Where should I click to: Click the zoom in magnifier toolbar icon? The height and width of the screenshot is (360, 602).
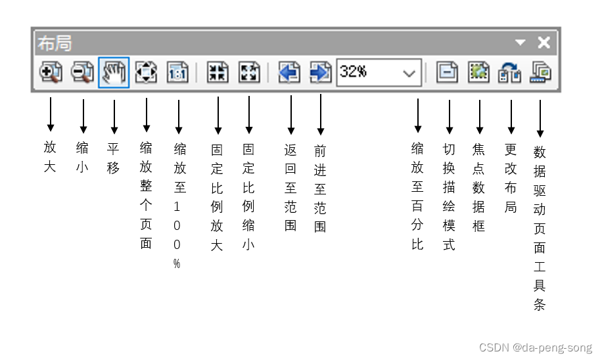click(x=50, y=72)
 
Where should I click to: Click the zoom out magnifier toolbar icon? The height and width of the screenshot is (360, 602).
click(x=82, y=72)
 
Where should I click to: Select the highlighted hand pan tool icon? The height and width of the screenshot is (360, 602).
click(x=114, y=72)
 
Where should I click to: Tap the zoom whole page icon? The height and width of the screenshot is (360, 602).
click(x=146, y=72)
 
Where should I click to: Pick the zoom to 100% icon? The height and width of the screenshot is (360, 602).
click(x=177, y=72)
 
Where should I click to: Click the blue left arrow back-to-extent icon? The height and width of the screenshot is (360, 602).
click(x=289, y=72)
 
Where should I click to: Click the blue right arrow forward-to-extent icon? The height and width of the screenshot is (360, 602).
click(x=320, y=72)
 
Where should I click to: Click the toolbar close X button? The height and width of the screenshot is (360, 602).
click(x=544, y=43)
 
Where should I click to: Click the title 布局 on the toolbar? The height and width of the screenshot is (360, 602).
click(x=55, y=43)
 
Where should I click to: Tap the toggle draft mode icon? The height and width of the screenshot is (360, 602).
click(x=448, y=72)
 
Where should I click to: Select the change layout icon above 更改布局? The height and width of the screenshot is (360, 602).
click(x=511, y=72)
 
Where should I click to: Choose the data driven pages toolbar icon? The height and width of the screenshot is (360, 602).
click(x=541, y=72)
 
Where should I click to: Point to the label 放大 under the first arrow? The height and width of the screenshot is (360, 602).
click(x=50, y=156)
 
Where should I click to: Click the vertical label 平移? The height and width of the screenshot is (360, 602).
click(x=114, y=158)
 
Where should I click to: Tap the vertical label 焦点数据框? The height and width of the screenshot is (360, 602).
click(x=479, y=187)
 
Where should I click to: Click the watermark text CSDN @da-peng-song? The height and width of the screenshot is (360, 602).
click(x=536, y=348)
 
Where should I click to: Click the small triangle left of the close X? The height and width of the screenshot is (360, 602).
click(x=521, y=43)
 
